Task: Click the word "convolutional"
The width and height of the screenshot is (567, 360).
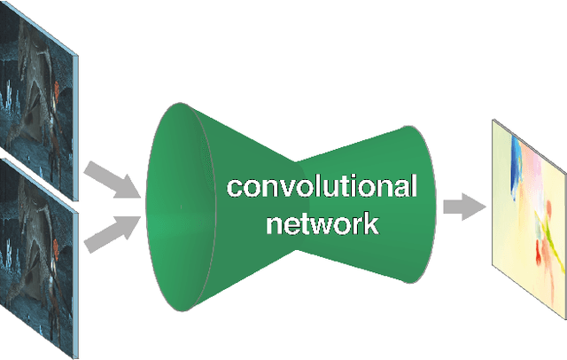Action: (320, 188)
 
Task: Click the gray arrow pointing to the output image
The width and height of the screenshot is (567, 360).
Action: (463, 207)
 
